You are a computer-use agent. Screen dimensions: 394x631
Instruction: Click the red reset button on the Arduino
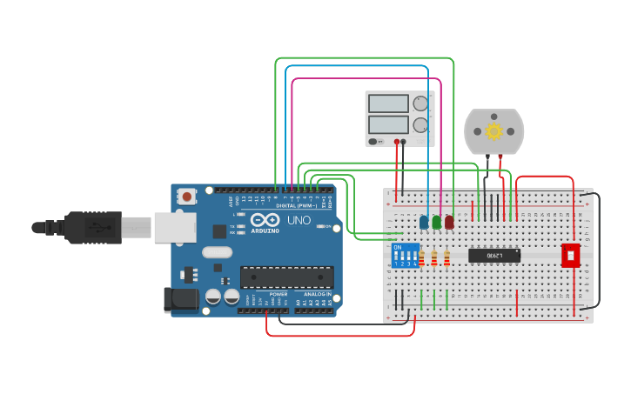coord(187,197)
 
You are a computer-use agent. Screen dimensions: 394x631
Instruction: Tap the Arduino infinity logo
coord(266,220)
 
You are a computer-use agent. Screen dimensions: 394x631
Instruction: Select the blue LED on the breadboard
coord(424,223)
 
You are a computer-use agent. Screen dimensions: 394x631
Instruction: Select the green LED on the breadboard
coord(436,223)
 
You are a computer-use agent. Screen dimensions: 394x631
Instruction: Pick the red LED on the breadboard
coord(449,223)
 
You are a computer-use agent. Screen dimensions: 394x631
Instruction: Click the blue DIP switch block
coord(405,256)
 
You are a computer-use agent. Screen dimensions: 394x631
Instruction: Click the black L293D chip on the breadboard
coord(494,255)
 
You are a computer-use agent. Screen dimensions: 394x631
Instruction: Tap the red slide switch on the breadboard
coord(570,255)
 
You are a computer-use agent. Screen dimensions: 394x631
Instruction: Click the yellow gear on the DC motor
coord(494,131)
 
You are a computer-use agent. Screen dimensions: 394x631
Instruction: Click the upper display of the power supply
coord(388,104)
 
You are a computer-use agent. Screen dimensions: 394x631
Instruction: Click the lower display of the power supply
coord(388,124)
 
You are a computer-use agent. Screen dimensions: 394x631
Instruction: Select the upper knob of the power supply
coord(421,104)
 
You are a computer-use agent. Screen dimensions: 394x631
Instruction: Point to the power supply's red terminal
coord(397,141)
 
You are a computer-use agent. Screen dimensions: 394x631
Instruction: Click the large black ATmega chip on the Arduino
coord(286,277)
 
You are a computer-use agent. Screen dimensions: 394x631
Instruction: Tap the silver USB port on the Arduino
coord(174,227)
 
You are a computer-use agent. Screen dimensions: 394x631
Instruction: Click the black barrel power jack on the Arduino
coord(180,298)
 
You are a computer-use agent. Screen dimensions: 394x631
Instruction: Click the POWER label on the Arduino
coord(278,294)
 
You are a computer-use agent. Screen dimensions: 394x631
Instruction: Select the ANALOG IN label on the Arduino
coord(317,294)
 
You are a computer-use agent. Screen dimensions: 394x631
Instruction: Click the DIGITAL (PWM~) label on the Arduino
coord(296,206)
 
